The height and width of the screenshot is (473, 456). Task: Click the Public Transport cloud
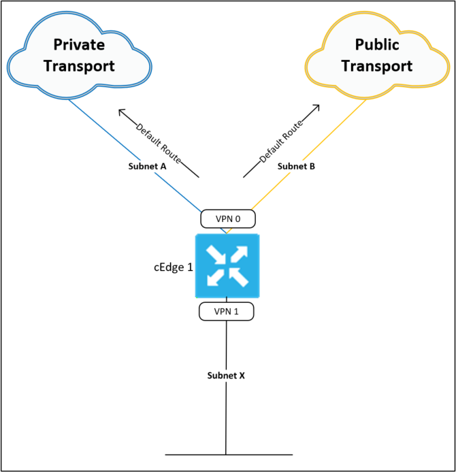pos(376,56)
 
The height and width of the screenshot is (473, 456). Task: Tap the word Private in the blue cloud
pos(80,44)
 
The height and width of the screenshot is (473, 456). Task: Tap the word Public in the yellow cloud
pos(376,45)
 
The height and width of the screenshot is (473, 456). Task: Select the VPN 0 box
pos(227,218)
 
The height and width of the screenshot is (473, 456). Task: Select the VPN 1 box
pos(226,311)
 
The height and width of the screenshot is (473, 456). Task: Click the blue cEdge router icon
pos(227,265)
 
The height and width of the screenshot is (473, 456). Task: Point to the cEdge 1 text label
pos(173,267)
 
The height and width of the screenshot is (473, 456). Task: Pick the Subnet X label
pos(226,376)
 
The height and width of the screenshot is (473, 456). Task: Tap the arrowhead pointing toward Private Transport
pos(121,110)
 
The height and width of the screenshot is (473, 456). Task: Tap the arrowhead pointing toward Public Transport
pos(317,106)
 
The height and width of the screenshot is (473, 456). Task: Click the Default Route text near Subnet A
pos(159,144)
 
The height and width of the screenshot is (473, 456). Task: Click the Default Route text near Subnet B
pos(280,141)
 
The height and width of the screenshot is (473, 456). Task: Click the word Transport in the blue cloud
pos(80,66)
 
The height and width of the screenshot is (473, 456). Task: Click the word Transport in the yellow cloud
pos(376,66)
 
